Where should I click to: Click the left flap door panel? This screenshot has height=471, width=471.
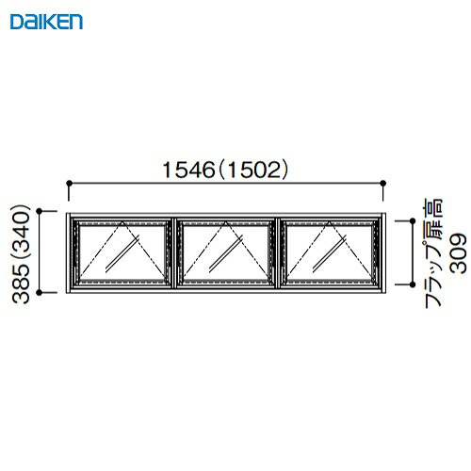(122, 253)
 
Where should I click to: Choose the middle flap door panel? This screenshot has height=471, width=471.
(225, 253)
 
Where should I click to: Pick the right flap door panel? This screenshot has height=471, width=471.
(329, 253)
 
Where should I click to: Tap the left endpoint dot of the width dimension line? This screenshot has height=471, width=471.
(71, 183)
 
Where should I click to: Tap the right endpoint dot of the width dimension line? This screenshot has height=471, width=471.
(382, 183)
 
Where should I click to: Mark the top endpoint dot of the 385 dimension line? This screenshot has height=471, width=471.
(41, 213)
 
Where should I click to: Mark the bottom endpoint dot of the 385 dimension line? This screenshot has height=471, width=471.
(41, 293)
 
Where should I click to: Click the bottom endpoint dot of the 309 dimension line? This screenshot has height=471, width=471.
(411, 284)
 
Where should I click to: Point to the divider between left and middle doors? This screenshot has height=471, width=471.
(174, 253)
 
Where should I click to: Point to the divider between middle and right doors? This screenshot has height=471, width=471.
(278, 253)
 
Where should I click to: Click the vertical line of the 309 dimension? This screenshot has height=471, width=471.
(411, 252)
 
